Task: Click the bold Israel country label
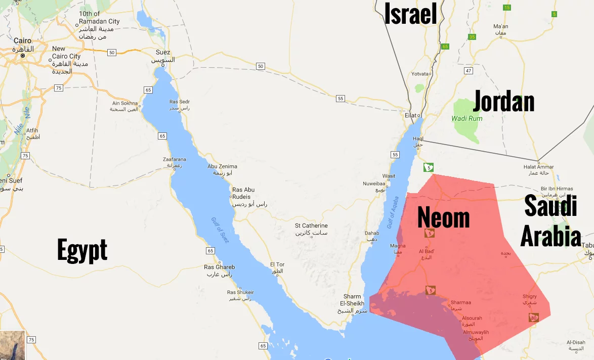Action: (410, 14)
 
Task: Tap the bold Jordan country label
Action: (503, 102)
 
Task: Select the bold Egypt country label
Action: (82, 250)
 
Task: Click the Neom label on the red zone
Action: (443, 218)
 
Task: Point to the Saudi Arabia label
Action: (550, 221)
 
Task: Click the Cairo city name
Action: (22, 41)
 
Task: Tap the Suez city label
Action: (163, 53)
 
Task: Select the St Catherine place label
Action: (311, 226)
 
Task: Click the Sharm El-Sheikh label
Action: (352, 300)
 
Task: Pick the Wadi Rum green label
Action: (467, 118)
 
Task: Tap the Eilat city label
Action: (410, 116)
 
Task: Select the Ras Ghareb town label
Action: (219, 267)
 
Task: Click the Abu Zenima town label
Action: (222, 166)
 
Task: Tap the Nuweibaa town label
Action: (374, 184)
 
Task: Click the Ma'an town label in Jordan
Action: (500, 26)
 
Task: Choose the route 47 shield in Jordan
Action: (469, 71)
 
